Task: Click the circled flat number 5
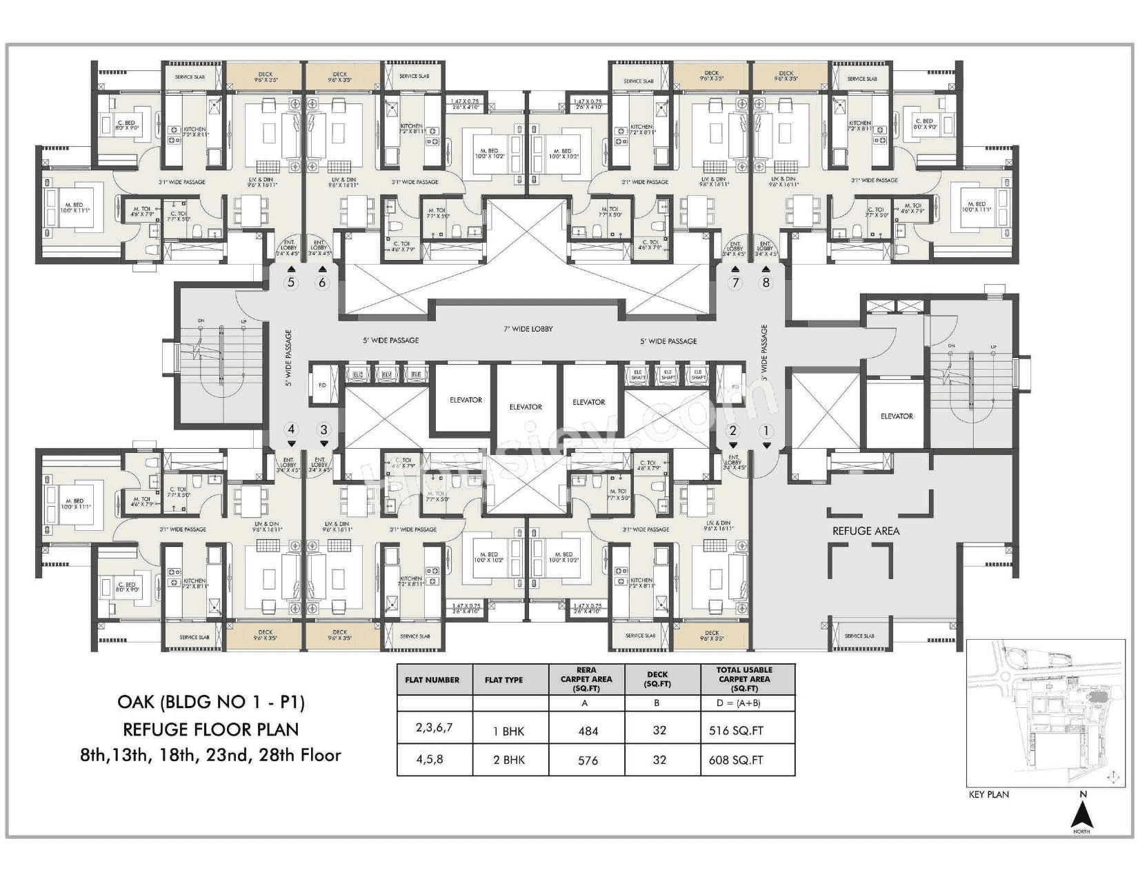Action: [x=291, y=283]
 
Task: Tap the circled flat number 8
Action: [x=765, y=283]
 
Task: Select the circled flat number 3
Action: [x=323, y=430]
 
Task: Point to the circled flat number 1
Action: [x=765, y=431]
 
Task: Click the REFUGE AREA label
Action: [x=866, y=531]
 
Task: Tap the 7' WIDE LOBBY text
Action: [x=528, y=329]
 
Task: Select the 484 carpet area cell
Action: [x=588, y=731]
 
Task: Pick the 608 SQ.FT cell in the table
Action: [x=736, y=760]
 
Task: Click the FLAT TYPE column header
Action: [x=503, y=680]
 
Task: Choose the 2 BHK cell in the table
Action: [x=509, y=760]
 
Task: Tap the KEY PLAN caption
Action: [x=988, y=794]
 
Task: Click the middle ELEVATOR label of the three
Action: [x=526, y=407]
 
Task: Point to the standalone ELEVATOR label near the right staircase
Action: [x=897, y=416]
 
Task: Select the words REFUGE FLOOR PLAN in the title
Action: [x=211, y=729]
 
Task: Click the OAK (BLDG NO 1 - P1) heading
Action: [x=211, y=703]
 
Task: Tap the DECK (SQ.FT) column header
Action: [x=657, y=679]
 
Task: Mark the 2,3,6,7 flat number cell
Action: [x=434, y=728]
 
